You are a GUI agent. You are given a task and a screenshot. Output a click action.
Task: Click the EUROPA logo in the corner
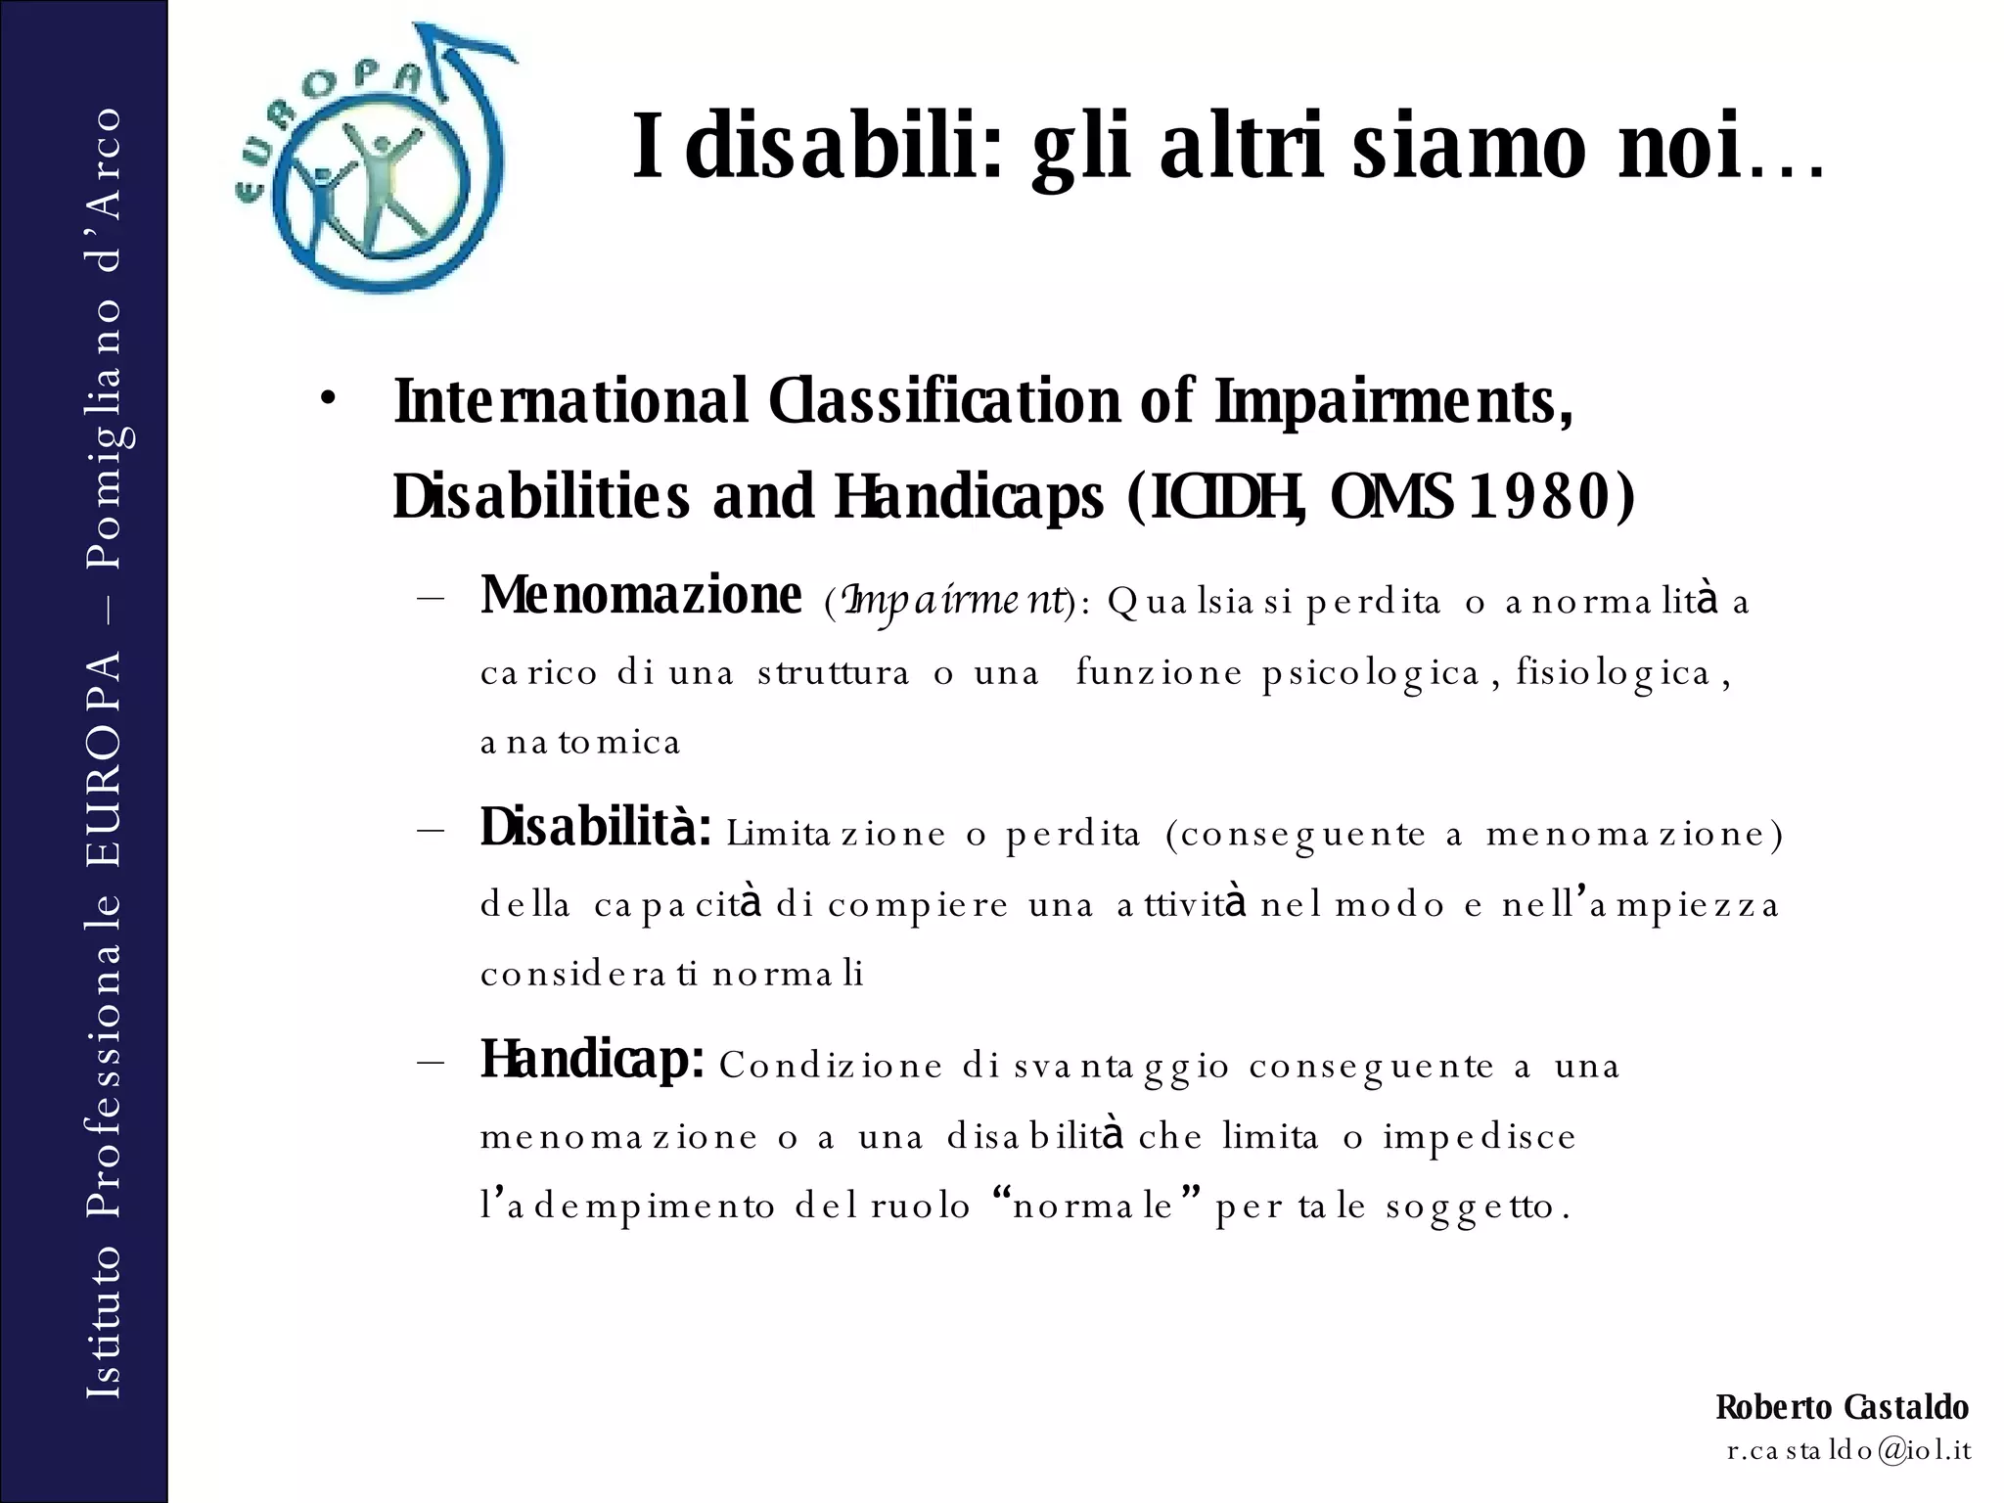tap(373, 161)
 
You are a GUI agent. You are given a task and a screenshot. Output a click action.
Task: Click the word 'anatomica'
tap(580, 743)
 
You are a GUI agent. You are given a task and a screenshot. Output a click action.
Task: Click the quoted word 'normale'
tap(1093, 1206)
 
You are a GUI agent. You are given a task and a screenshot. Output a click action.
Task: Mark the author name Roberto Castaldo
tap(1842, 1407)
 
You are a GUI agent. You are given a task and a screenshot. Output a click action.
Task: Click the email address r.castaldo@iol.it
tap(1848, 1450)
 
